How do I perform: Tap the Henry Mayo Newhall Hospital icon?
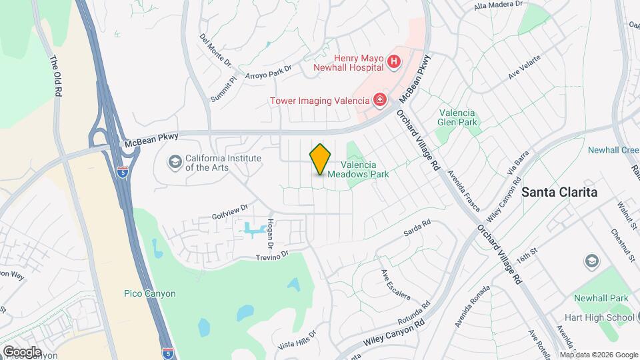click(x=394, y=63)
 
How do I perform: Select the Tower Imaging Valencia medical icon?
click(x=380, y=101)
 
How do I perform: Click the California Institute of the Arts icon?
click(x=175, y=162)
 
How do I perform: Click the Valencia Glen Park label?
click(x=459, y=117)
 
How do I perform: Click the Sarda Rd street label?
click(x=417, y=229)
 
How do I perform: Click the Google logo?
click(x=21, y=352)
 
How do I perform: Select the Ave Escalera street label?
click(x=395, y=285)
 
